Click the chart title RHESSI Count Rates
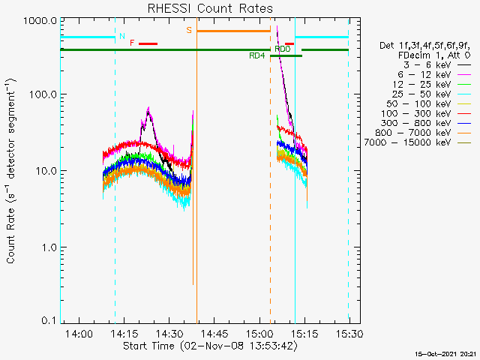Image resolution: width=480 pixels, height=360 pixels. (209, 9)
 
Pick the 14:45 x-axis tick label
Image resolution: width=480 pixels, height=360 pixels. (214, 334)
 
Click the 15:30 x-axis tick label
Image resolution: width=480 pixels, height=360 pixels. (349, 334)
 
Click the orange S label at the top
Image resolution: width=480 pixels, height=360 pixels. (189, 30)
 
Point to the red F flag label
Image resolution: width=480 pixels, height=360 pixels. (132, 43)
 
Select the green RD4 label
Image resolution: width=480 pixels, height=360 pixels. (257, 56)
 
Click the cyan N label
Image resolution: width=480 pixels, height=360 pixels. (121, 37)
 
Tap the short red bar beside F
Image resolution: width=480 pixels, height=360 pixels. (148, 43)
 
